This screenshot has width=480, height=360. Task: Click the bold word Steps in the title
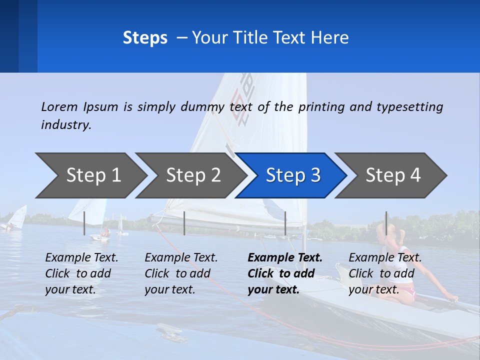145,38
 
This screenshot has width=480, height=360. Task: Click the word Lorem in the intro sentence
59,106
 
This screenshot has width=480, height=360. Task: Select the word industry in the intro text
66,124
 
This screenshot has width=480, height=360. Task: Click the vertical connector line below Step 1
84,223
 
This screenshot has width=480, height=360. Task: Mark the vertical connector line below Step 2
184,223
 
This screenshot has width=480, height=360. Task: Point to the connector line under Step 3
285,223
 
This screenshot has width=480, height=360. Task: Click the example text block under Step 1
81,273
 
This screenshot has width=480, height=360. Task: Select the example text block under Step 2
181,273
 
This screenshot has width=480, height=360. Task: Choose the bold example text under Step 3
284,273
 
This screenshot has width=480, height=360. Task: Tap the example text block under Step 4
384,273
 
